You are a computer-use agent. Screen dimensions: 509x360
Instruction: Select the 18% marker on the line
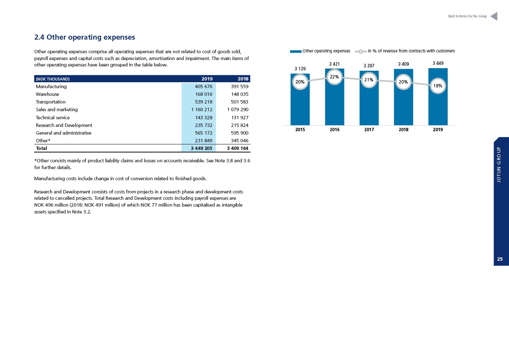coord(438,86)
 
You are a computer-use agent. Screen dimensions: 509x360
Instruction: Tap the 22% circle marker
coord(334,77)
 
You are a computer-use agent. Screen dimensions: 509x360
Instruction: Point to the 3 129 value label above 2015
coord(300,69)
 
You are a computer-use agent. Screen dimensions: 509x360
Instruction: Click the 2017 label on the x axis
coord(369,130)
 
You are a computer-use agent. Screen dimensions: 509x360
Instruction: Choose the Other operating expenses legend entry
coord(320,51)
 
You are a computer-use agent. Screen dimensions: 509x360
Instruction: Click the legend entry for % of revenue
coord(405,51)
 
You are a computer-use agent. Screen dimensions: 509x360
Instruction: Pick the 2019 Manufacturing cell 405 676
coord(204,86)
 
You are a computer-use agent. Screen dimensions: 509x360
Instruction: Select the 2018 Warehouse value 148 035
coord(239,94)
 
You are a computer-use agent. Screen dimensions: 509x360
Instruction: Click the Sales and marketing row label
coord(57,110)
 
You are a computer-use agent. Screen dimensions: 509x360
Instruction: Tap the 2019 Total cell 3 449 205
coord(201,148)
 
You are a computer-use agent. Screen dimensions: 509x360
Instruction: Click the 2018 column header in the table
coord(243,79)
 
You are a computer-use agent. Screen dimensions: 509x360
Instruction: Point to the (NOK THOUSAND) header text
coord(52,79)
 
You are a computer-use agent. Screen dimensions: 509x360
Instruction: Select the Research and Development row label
coord(64,125)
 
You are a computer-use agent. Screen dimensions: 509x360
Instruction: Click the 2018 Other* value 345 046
coord(239,141)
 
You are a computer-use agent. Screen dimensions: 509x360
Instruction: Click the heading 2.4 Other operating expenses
coord(85,37)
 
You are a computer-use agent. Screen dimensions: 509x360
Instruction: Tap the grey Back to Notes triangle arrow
coord(494,16)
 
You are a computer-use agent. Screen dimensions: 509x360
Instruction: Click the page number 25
coord(500,259)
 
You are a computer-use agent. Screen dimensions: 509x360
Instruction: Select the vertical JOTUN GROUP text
coord(499,164)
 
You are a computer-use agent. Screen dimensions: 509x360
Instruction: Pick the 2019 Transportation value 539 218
coord(204,102)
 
